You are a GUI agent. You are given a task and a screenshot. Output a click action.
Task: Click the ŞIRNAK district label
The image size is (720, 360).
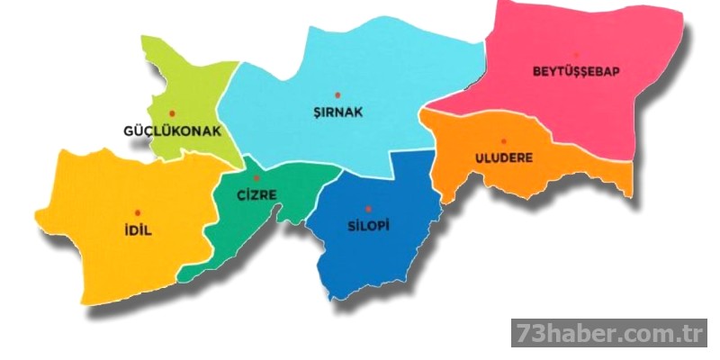click(x=337, y=112)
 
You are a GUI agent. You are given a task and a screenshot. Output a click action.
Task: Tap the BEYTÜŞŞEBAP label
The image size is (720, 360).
click(x=576, y=71)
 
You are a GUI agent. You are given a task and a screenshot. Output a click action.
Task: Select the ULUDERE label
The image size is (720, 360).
click(x=503, y=157)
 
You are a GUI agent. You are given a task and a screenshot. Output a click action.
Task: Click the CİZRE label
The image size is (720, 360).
click(x=257, y=194)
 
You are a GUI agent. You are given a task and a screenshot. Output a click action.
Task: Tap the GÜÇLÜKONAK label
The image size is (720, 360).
click(x=172, y=130)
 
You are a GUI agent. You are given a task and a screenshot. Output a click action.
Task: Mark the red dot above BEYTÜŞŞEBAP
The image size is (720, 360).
click(x=577, y=54)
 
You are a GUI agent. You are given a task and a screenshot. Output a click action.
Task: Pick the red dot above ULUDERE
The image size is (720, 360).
click(x=504, y=140)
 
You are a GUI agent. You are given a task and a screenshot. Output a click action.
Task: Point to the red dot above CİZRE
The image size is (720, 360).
click(x=256, y=178)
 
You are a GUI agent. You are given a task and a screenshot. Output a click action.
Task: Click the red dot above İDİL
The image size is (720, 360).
click(x=137, y=211)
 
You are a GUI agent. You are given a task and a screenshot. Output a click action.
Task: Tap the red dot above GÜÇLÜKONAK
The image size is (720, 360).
click(x=172, y=112)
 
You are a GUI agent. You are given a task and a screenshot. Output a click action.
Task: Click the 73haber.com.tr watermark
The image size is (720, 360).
click(x=609, y=334)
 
